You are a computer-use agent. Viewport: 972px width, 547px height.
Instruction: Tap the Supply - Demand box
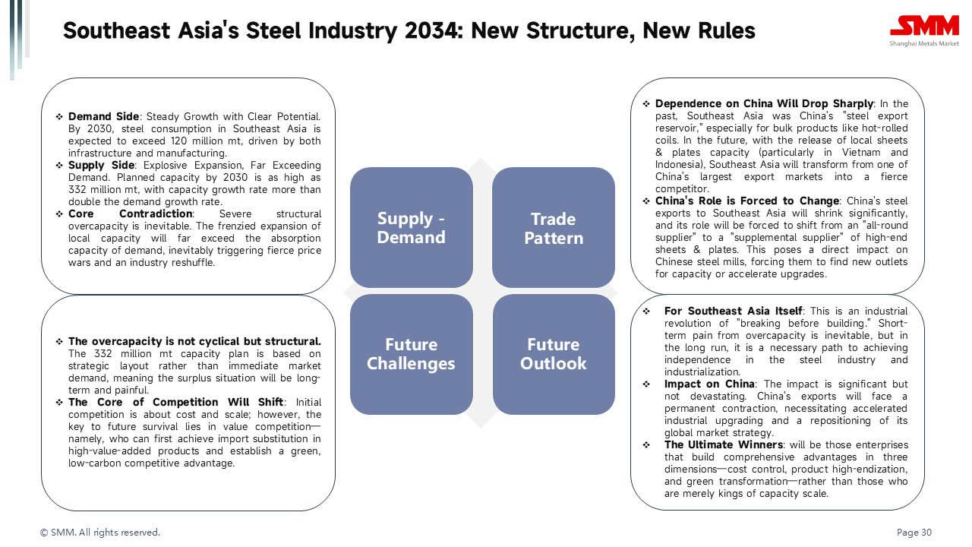[412, 227]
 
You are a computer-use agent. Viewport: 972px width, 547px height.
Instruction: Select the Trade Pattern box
[554, 227]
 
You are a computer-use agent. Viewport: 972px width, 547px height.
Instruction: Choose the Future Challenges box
[412, 354]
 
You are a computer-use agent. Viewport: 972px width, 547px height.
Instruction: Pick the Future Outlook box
[554, 354]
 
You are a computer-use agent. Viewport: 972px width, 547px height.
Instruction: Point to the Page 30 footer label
[914, 533]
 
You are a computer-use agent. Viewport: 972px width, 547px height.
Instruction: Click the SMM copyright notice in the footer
[99, 533]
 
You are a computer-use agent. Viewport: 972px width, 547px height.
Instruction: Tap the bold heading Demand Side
[103, 116]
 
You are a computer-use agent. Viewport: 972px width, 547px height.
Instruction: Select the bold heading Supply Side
[101, 165]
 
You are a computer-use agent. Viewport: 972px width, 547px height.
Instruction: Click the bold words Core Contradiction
[130, 213]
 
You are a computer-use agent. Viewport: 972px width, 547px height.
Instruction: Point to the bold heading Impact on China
[709, 384]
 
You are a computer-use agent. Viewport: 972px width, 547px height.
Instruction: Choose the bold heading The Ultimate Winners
[724, 444]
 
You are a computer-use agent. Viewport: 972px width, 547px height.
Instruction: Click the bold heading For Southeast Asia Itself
[733, 311]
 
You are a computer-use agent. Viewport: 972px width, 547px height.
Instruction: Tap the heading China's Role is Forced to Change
[746, 201]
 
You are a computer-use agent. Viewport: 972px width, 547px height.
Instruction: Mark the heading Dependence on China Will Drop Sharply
[764, 103]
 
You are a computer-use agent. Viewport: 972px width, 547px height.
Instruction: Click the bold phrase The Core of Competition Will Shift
[175, 402]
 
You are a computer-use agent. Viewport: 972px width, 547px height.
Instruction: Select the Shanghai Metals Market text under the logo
[924, 43]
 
